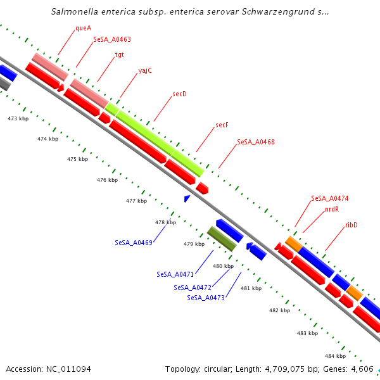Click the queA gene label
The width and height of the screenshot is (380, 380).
(x=83, y=28)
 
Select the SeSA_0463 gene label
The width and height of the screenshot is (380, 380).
(x=112, y=39)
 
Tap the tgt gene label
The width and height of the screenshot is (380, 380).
(x=119, y=54)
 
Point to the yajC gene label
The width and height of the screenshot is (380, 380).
(x=145, y=70)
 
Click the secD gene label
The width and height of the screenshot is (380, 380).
(x=180, y=94)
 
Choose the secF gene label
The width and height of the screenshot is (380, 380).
(x=222, y=125)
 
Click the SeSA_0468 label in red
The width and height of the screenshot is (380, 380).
(x=256, y=142)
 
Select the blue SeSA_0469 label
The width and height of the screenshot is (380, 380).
(x=134, y=243)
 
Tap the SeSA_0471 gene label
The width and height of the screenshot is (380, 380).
(x=175, y=274)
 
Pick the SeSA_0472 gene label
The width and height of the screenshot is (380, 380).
(x=193, y=288)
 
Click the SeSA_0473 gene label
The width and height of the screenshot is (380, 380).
(x=206, y=298)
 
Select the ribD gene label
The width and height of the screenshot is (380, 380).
(x=351, y=225)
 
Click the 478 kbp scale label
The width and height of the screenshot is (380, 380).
(x=165, y=222)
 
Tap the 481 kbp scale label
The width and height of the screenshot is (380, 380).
(x=251, y=288)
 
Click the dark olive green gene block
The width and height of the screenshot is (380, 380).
(x=222, y=239)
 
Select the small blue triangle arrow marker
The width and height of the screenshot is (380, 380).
(x=187, y=199)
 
